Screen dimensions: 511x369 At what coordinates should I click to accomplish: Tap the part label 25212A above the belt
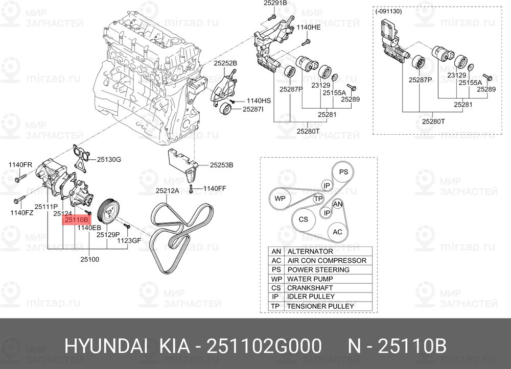click(x=167, y=191)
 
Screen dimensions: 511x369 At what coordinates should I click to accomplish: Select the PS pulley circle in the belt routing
click(x=343, y=172)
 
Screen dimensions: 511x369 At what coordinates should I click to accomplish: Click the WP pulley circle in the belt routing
click(x=280, y=199)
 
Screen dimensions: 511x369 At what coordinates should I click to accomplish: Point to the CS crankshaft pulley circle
click(x=303, y=219)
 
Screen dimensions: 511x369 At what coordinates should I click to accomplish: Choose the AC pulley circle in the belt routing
click(x=337, y=232)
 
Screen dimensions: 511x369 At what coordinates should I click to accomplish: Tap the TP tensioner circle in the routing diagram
click(x=318, y=199)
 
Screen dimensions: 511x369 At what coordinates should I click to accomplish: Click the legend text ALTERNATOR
click(x=310, y=251)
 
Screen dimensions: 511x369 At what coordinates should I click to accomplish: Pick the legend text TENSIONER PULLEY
click(x=320, y=306)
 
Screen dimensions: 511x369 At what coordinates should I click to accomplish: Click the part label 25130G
click(x=109, y=159)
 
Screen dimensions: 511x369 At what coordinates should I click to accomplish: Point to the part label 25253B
click(x=221, y=165)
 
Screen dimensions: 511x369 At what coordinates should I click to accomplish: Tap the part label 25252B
click(x=225, y=63)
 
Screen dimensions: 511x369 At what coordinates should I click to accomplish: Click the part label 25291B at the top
click(x=275, y=4)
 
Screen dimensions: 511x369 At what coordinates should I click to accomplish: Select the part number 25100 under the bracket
click(x=89, y=260)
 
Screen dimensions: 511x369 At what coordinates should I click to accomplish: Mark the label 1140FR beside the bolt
click(x=20, y=165)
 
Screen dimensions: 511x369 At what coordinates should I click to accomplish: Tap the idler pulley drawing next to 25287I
click(x=226, y=108)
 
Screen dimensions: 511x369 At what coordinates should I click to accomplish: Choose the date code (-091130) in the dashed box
click(x=388, y=11)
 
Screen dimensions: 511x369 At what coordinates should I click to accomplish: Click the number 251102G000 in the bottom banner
click(x=265, y=346)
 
